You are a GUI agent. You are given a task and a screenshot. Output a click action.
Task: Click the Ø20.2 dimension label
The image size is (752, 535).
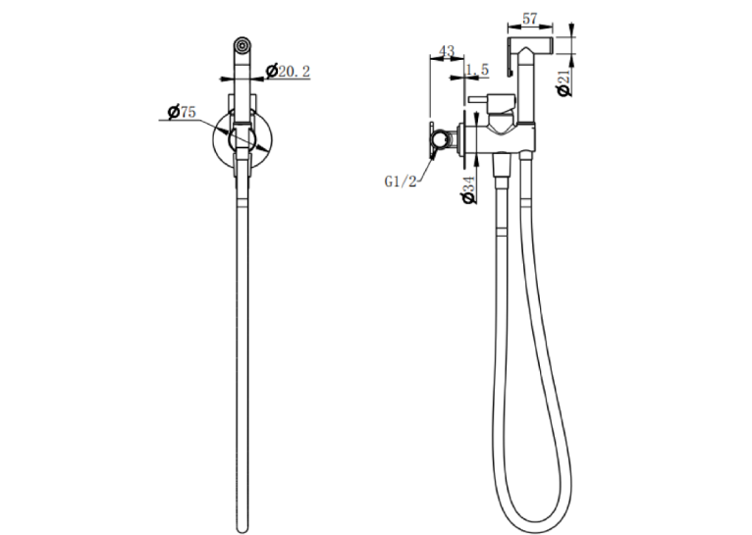pos(288,72)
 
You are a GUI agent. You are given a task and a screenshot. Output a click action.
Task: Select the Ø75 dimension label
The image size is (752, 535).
pos(182,112)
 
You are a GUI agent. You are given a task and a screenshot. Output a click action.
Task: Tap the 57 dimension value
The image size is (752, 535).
pos(529,19)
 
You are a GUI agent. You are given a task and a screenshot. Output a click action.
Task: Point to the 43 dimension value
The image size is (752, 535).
pos(447,51)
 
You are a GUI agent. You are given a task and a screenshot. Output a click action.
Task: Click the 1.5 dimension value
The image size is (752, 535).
pos(478,70)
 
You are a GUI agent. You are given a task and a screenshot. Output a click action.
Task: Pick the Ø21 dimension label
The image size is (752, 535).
pos(564,82)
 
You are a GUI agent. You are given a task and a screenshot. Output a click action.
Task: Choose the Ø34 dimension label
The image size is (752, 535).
pos(468,190)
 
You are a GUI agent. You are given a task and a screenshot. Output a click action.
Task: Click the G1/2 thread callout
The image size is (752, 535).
pos(401,182)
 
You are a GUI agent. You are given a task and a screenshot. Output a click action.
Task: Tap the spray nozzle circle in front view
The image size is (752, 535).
pos(242,45)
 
